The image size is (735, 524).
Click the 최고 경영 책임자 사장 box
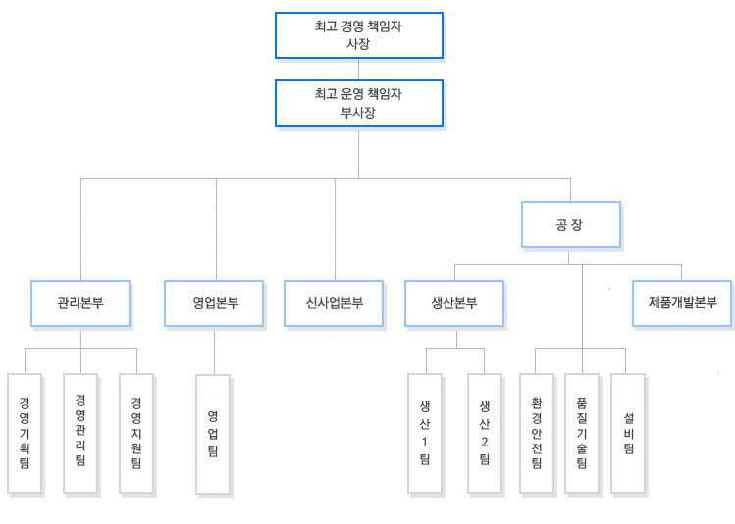358,35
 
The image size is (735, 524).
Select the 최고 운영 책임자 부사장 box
358,103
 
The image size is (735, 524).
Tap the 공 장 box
570,226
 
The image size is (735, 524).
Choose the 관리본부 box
80,303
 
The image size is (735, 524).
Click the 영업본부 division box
215,303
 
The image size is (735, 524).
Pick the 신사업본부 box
335,303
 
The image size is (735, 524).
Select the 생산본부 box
454,303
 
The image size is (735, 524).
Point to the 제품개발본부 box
682,303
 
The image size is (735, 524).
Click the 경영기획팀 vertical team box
24,433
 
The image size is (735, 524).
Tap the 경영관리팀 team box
80,433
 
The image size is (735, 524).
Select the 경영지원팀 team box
136,433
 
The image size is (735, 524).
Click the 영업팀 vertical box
213,434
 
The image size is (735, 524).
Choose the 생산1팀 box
425,434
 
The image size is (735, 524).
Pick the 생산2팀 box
484,434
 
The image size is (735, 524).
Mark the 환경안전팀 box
537,434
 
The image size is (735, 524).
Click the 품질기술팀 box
582,434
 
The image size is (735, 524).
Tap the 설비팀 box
628,434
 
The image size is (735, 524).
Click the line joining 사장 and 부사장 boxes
358,69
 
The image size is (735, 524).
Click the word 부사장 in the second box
358,113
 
